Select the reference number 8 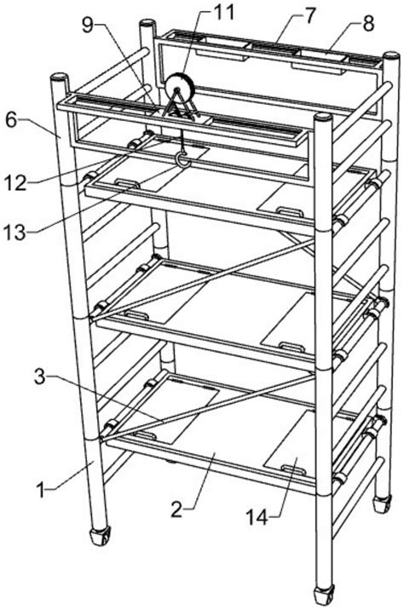[367, 23]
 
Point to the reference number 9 [88, 25]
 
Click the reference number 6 [12, 120]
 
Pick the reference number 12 [15, 182]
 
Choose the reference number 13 [14, 232]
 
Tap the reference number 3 [40, 377]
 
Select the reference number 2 [176, 509]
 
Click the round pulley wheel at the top [179, 87]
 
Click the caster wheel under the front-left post [101, 537]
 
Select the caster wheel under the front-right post [324, 596]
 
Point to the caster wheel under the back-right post [382, 504]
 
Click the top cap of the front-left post [59, 78]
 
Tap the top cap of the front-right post [323, 118]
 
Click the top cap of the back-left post [148, 23]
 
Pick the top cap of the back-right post [391, 55]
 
